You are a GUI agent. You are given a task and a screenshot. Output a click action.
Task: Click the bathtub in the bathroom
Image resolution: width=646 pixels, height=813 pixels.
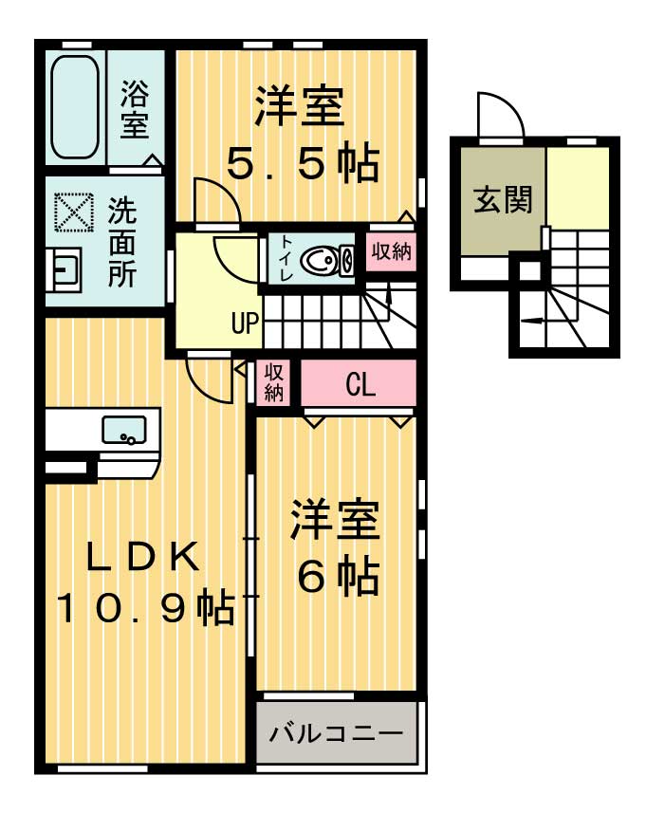coord(75,106)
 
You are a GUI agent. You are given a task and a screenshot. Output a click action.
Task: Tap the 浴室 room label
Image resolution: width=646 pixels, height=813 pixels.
coord(134,107)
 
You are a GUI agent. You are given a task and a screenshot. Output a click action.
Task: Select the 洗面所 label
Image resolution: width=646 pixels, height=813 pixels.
coord(121,243)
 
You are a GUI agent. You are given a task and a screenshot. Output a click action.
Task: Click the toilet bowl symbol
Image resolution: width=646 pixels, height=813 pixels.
coord(323,259)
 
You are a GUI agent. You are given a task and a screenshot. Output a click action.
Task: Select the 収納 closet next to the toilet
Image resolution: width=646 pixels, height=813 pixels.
coord(390,253)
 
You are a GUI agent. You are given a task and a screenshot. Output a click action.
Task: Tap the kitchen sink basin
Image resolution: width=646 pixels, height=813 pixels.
coord(124,430)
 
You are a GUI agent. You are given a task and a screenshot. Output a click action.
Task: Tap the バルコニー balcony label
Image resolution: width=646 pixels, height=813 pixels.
coord(336,733)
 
